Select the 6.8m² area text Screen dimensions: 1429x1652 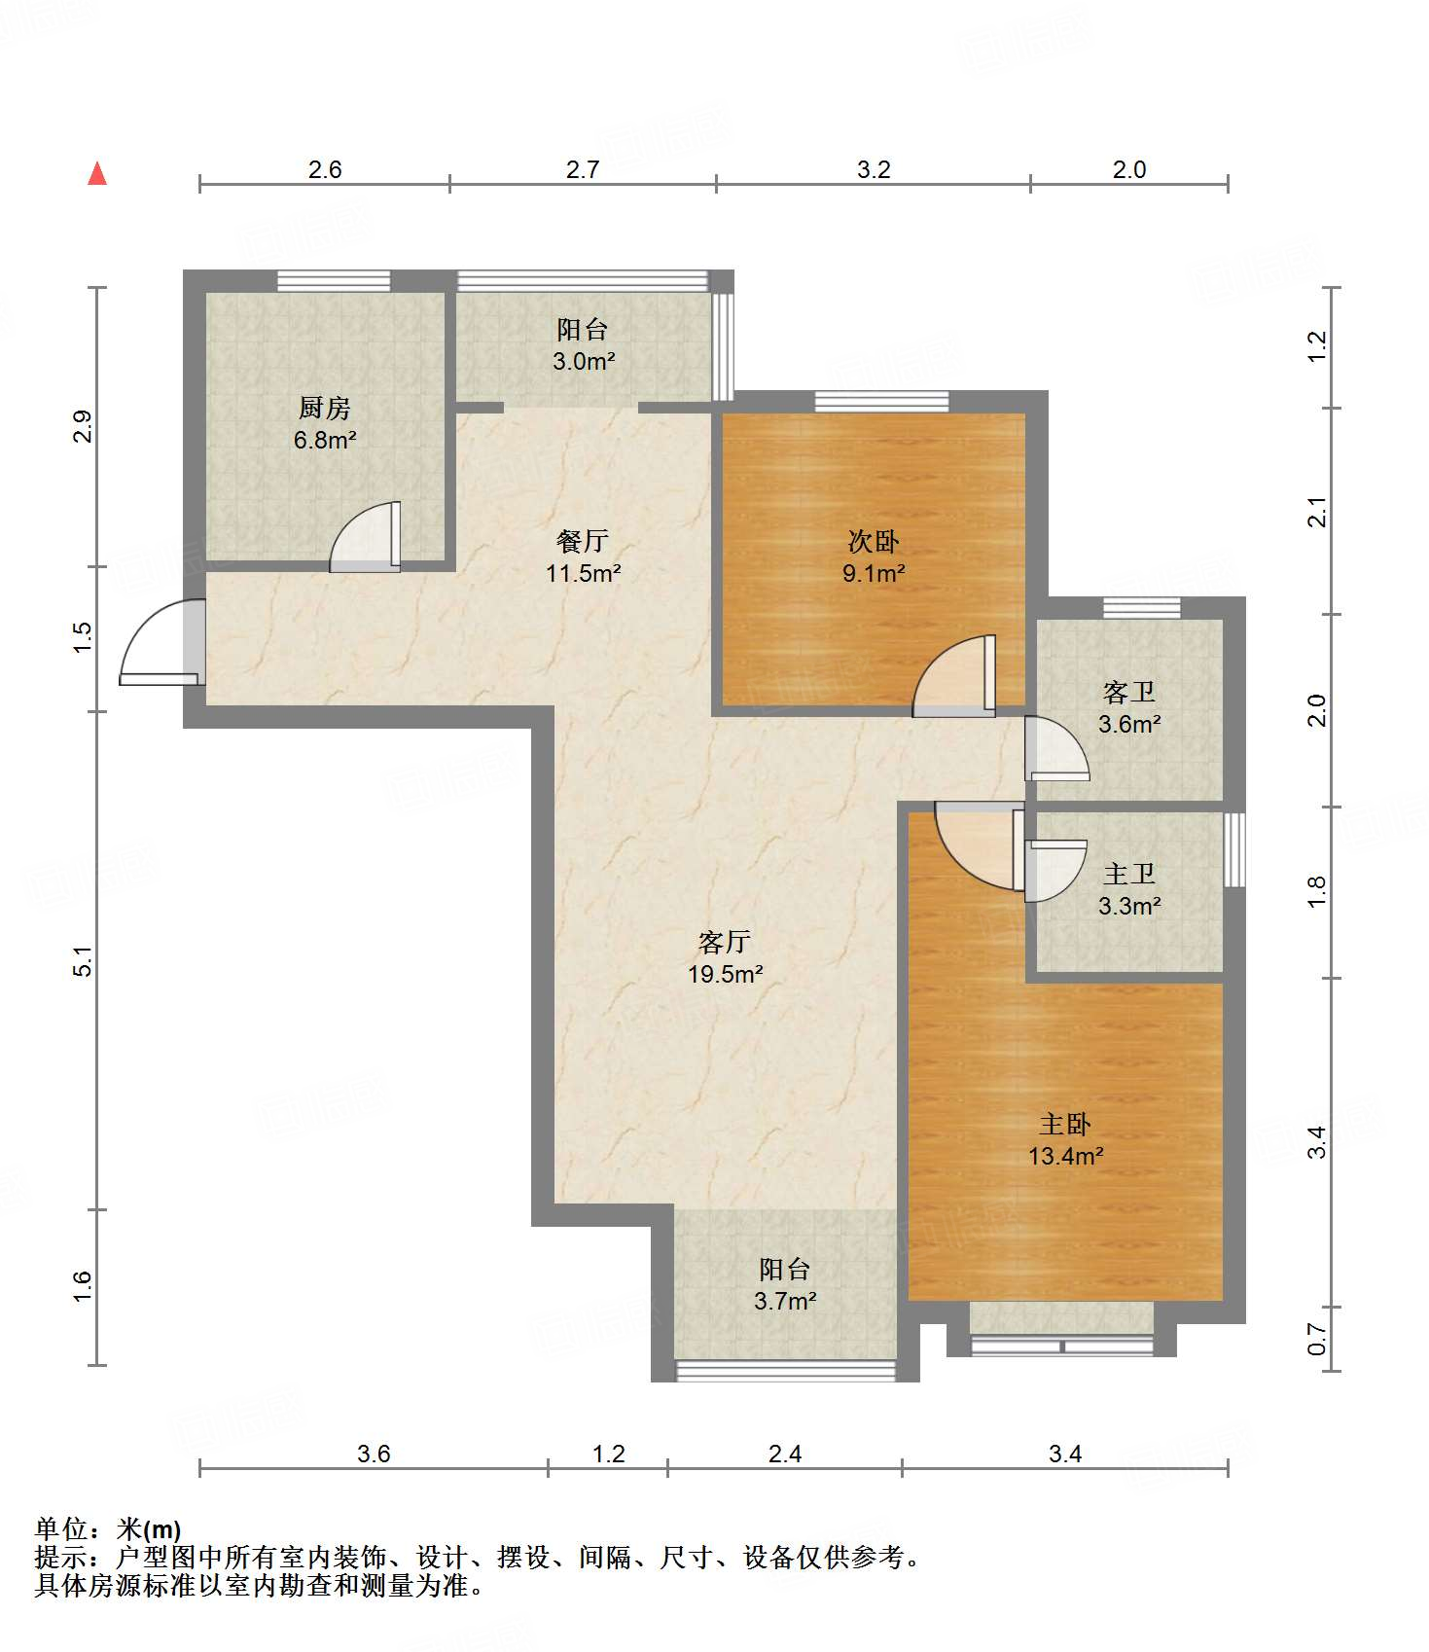click(x=325, y=440)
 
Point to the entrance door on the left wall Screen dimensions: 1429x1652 click(x=163, y=642)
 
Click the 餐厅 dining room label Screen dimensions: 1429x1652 click(x=583, y=540)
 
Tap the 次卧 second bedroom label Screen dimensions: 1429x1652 click(x=874, y=541)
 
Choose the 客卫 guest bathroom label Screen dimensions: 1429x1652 click(x=1129, y=692)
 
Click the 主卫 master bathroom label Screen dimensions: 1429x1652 click(x=1129, y=874)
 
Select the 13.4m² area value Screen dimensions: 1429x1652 click(x=1066, y=1156)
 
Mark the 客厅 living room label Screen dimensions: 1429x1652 click(x=725, y=941)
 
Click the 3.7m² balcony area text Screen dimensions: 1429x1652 click(x=785, y=1300)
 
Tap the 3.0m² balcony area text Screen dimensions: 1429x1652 click(x=584, y=361)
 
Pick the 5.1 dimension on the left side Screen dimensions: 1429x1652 click(x=84, y=961)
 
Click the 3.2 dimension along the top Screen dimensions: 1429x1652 click(x=874, y=169)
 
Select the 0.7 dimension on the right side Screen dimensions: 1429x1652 click(x=1316, y=1339)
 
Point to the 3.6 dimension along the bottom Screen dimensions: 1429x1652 click(x=374, y=1454)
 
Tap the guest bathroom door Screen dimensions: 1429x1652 click(x=1056, y=749)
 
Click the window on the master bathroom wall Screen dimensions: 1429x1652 click(x=1234, y=849)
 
